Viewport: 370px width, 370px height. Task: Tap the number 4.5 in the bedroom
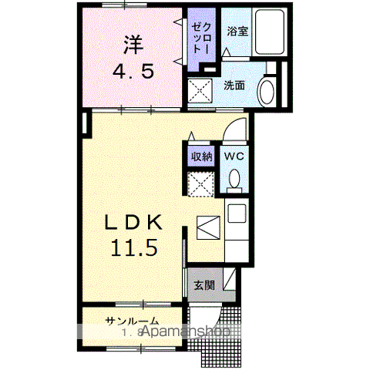click(x=136, y=72)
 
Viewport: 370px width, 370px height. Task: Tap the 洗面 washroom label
click(x=234, y=86)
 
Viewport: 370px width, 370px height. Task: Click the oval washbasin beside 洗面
click(x=267, y=91)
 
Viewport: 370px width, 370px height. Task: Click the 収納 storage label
click(x=202, y=156)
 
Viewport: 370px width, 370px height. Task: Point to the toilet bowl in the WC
click(x=234, y=180)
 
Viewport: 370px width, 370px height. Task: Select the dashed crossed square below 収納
click(x=202, y=183)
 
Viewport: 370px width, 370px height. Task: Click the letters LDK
click(x=134, y=222)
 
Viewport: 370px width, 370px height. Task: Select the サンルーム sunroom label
click(x=133, y=321)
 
